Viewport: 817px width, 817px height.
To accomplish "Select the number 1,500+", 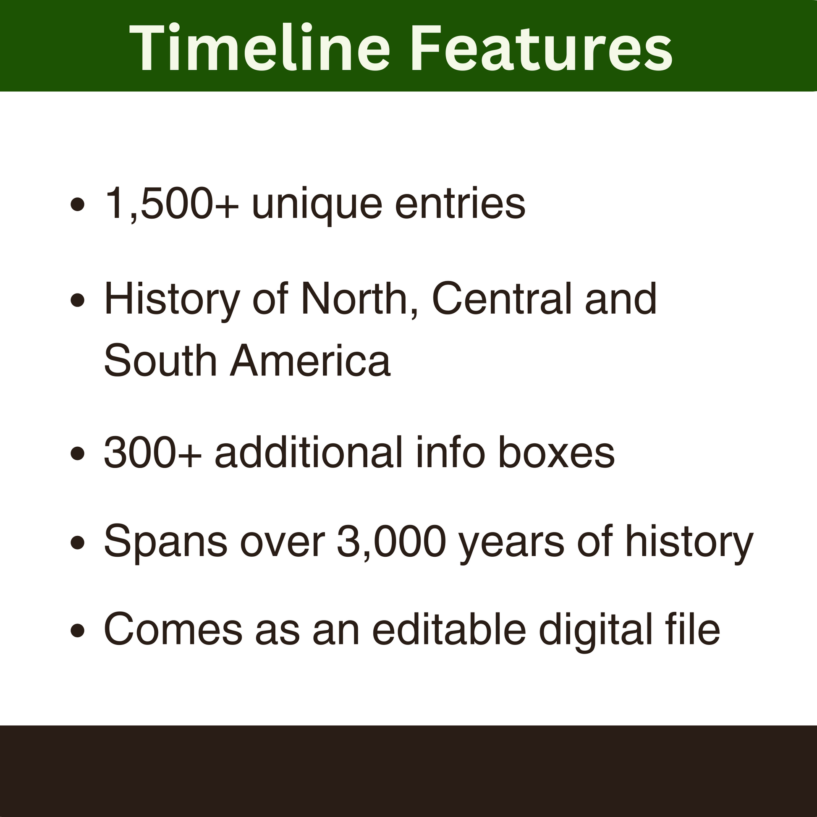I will point(171,204).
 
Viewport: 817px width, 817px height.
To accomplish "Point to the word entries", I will point(460,204).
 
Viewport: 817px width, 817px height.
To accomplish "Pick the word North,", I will point(359,299).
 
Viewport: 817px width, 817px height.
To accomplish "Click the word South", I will point(160,361).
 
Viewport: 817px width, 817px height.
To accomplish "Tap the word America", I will point(310,361).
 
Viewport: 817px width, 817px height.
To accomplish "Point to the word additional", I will point(309,453).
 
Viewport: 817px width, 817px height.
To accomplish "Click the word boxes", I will point(556,453).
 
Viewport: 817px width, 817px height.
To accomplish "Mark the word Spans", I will point(165,542).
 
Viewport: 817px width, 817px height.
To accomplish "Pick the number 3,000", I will point(391,542).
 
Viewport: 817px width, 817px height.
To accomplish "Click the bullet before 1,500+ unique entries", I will point(77,206).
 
